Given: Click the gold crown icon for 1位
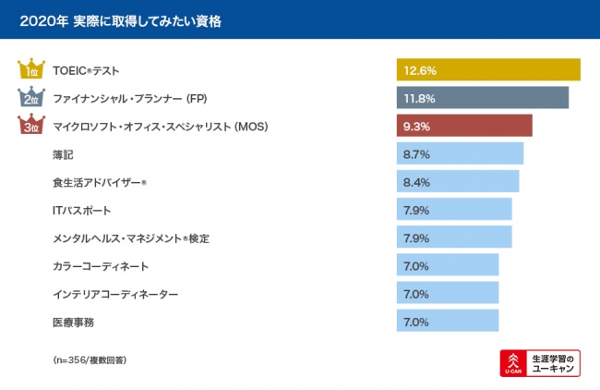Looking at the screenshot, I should pos(30,69).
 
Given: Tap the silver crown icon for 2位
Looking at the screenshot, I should pos(30,97).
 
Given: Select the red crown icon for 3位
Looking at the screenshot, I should pos(30,126).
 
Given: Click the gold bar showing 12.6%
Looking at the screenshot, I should pos(488,70).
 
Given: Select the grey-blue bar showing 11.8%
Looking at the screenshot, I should pos(483,98).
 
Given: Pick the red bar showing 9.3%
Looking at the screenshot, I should pos(464,126).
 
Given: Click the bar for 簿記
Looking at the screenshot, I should pos(460,154).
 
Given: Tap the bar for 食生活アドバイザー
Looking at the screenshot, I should pos(458,182).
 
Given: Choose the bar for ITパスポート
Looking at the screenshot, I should pos(454,210).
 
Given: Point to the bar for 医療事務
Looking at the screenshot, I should pos(448,322).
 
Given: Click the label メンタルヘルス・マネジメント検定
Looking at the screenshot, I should pos(131,238).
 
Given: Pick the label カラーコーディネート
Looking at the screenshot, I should pos(100,266).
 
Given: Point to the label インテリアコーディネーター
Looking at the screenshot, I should pos(115,294).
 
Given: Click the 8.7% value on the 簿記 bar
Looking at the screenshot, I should pos(416,154).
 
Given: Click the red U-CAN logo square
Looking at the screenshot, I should pos(512,363).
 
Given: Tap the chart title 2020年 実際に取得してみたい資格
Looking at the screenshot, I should pos(120,18).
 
